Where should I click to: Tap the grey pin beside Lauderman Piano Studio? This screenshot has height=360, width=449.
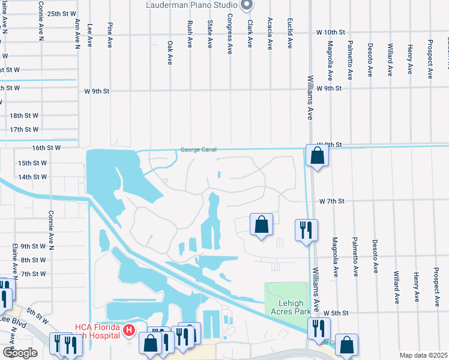[246, 5]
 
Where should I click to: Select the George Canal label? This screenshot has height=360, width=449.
[198, 150]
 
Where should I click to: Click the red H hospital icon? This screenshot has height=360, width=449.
[128, 331]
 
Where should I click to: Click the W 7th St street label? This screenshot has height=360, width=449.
[331, 201]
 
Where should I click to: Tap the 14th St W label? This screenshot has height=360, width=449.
[32, 177]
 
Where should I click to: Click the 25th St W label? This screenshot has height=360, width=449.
[62, 13]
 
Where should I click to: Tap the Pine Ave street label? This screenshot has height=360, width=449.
[110, 35]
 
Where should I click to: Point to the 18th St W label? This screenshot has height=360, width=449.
[24, 115]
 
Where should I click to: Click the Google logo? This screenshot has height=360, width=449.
[20, 352]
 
